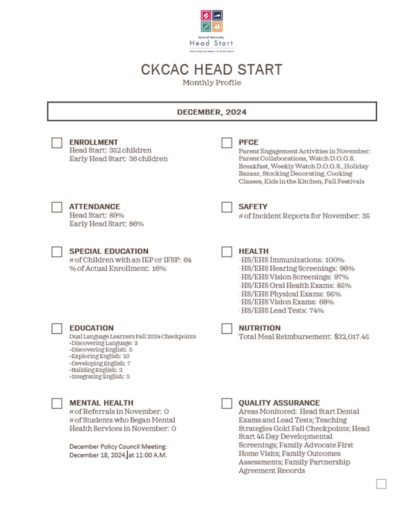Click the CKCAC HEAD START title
point(211,70)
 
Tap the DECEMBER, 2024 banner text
point(211,112)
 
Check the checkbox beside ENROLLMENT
point(57,143)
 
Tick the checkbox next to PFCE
point(227,143)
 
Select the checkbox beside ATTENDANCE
point(57,207)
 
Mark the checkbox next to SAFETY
point(227,207)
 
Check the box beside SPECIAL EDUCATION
point(57,252)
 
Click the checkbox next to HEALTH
point(227,252)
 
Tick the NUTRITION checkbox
point(227,329)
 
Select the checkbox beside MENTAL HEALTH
point(57,404)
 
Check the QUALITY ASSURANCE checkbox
point(227,404)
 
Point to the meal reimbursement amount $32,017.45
point(351,337)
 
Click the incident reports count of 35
point(366,216)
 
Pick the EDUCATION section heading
point(91,328)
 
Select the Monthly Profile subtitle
point(211,83)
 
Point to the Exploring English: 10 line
point(100,356)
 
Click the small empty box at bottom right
point(381,484)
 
